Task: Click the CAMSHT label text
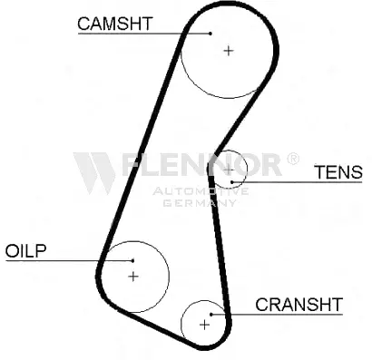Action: [x=115, y=24]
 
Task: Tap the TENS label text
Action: [x=338, y=172]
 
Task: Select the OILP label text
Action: [x=25, y=250]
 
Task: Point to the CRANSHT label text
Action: [x=299, y=305]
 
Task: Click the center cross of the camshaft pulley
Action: [x=229, y=51]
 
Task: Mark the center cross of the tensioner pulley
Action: [x=229, y=170]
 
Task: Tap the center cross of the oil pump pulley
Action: [x=133, y=277]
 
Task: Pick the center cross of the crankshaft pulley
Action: [x=205, y=325]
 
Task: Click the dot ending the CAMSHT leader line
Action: [x=210, y=34]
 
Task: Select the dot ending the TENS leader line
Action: [x=232, y=182]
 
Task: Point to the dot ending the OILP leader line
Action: [x=132, y=260]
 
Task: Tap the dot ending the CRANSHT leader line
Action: [x=211, y=315]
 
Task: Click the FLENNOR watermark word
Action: [x=201, y=165]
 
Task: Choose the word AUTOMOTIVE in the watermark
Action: [x=201, y=191]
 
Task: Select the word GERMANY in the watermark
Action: [x=200, y=202]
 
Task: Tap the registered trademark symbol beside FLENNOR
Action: [x=292, y=159]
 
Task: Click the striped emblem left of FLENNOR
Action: [x=94, y=173]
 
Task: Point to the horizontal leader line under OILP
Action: [x=69, y=260]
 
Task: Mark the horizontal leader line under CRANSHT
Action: [x=278, y=315]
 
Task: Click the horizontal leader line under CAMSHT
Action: [x=144, y=34]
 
